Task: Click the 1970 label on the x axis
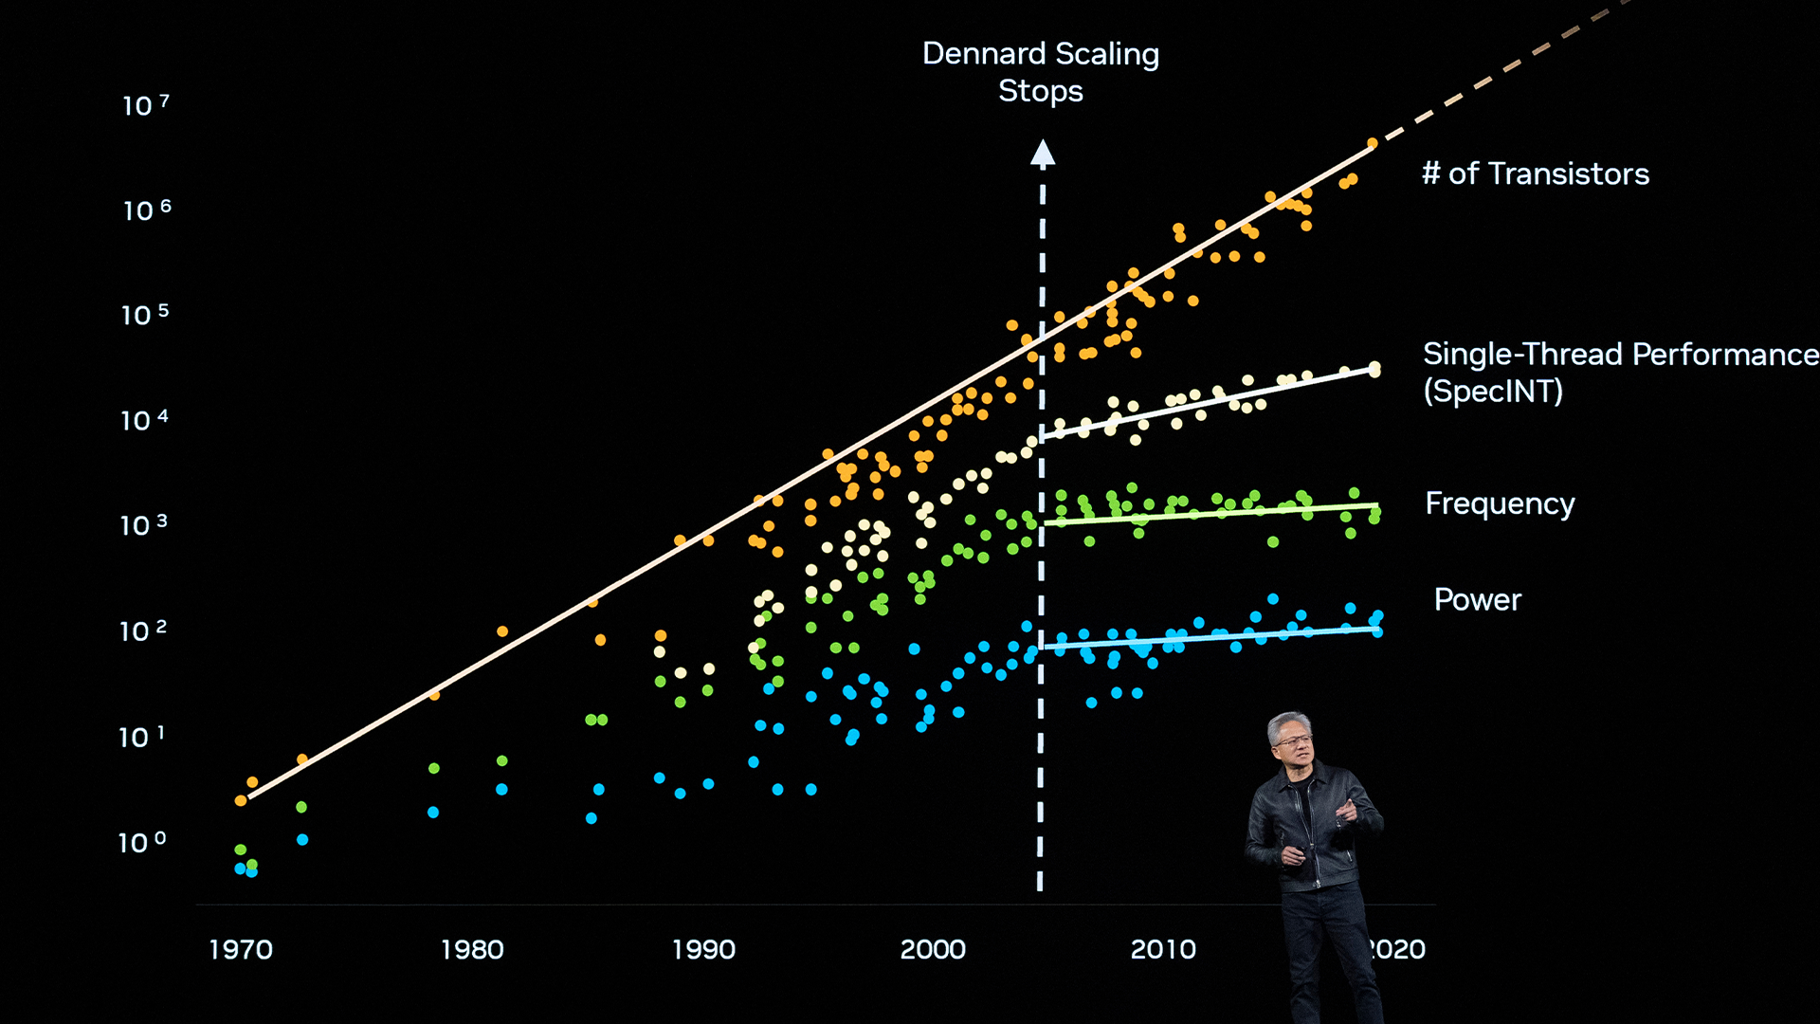241,949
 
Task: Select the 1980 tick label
472,949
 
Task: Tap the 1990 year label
703,949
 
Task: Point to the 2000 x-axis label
933,949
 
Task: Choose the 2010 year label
1163,949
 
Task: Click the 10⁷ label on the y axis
145,104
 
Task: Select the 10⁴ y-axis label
144,420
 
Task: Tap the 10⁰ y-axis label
142,842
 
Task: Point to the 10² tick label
143,631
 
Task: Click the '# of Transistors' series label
1536,174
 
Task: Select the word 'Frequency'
1500,503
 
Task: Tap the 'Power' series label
1477,600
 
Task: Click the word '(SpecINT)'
1493,391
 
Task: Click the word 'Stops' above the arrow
1040,91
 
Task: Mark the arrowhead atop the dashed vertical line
1043,153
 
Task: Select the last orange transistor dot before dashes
1372,144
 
